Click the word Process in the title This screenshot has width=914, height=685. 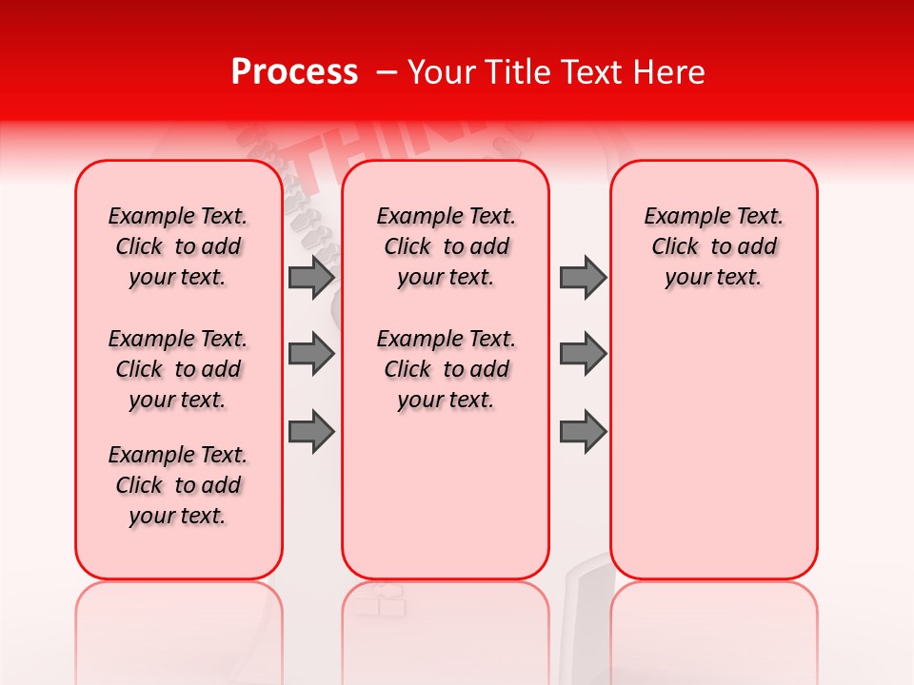pyautogui.click(x=294, y=72)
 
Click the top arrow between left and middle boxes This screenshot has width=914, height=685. pyautogui.click(x=311, y=277)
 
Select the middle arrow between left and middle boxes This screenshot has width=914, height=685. pyautogui.click(x=311, y=354)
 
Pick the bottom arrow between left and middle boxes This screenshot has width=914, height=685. pyautogui.click(x=311, y=432)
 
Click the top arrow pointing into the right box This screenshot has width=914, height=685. pyautogui.click(x=583, y=277)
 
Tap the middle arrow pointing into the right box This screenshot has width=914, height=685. pyautogui.click(x=583, y=354)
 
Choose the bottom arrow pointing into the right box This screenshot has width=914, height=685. pyautogui.click(x=583, y=432)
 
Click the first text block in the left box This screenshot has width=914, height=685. pyautogui.click(x=178, y=246)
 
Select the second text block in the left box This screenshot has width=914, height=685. pyautogui.click(x=178, y=369)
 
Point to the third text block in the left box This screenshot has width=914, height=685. pyautogui.click(x=178, y=485)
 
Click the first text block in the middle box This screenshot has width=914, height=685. pyautogui.click(x=446, y=246)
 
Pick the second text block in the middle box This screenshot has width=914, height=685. pyautogui.click(x=446, y=369)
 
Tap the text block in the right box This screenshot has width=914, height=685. pyautogui.click(x=713, y=246)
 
